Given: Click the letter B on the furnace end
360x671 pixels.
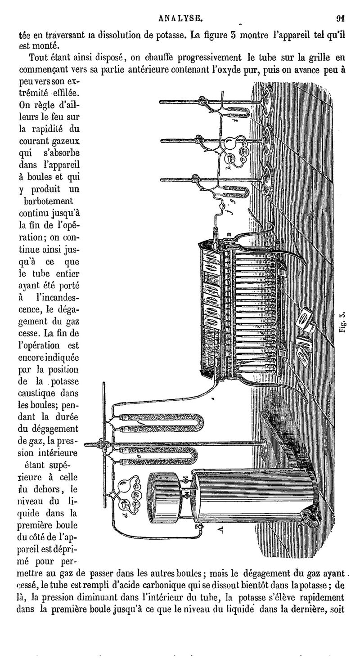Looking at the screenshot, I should tap(229, 233).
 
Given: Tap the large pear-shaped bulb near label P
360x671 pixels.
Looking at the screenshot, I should tap(127, 487).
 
